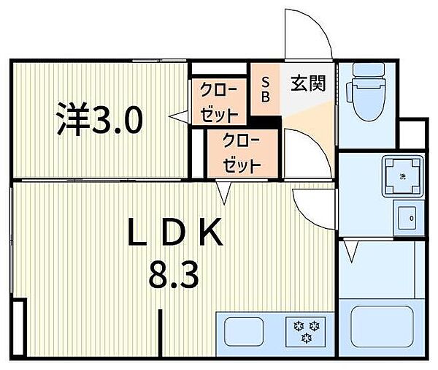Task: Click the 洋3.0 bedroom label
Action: pos(100,118)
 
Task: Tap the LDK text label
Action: pos(176,232)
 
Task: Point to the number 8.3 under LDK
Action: pos(174,275)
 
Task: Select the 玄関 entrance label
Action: pos(308,83)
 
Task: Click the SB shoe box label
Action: pos(266,89)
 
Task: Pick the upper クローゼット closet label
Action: pos(219,102)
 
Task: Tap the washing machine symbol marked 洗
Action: pos(402,176)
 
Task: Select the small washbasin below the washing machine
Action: pos(408,218)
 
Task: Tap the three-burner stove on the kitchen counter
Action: pos(306,332)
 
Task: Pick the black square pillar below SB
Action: pos(266,123)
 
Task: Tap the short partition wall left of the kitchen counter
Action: pos(161,333)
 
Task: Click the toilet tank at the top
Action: pos(369,69)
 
